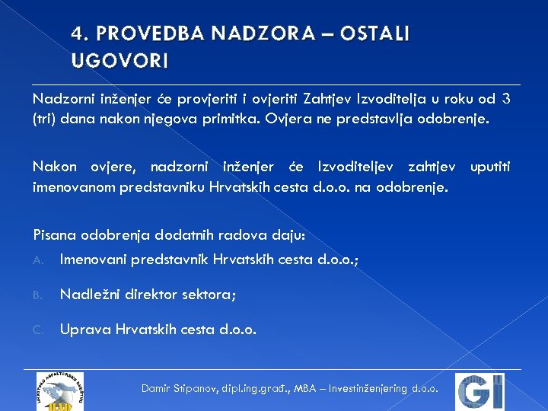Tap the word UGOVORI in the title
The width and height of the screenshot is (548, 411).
coord(119,59)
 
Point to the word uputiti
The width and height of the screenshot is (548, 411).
coord(490,166)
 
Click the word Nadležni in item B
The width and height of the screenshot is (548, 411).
coord(90,295)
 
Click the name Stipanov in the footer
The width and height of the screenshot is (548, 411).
coord(197,389)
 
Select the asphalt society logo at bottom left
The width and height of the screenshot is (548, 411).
coord(59,391)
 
